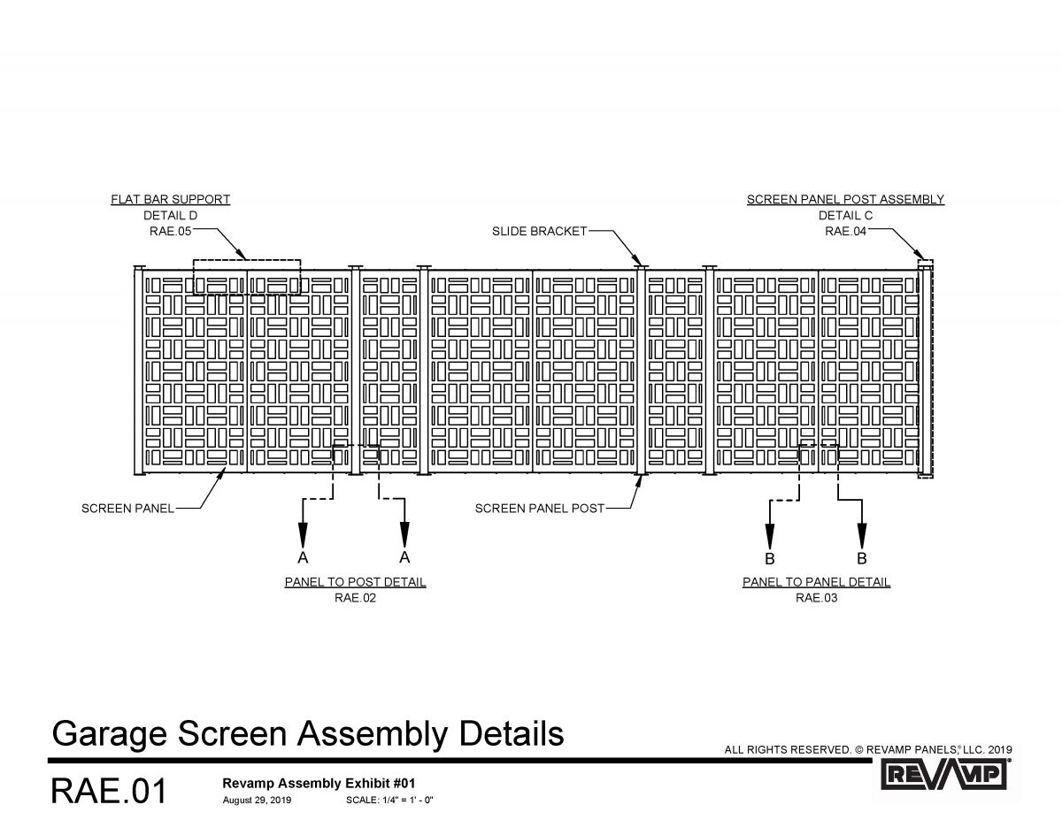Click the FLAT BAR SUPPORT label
[x=170, y=199]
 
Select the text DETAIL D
[x=170, y=215]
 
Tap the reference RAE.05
[x=170, y=231]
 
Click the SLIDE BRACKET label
[x=539, y=231]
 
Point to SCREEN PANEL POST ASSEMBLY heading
[x=845, y=199]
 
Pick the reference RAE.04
[x=845, y=231]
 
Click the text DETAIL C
[x=845, y=215]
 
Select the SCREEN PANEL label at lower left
[x=127, y=509]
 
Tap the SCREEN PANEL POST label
[x=539, y=509]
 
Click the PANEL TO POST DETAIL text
[x=355, y=582]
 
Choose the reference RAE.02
[x=355, y=598]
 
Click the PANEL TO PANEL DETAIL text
[x=816, y=582]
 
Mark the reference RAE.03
[x=816, y=598]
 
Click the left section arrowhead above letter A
[x=303, y=534]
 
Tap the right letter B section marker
[x=862, y=559]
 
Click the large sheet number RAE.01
[x=109, y=791]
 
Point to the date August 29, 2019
[x=257, y=801]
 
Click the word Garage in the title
[x=110, y=734]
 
